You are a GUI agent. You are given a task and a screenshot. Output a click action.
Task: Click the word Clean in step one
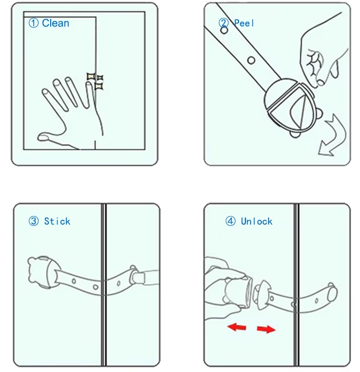pyautogui.click(x=55, y=23)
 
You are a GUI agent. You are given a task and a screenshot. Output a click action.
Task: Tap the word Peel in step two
pyautogui.click(x=244, y=23)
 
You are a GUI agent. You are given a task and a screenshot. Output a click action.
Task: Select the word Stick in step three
pyautogui.click(x=57, y=221)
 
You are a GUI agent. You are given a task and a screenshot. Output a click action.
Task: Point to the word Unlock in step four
pyautogui.click(x=257, y=221)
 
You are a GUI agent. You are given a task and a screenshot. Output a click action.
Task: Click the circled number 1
pyautogui.click(x=33, y=23)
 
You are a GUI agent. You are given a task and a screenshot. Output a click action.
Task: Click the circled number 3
pyautogui.click(x=34, y=221)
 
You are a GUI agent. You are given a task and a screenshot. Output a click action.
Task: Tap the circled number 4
pyautogui.click(x=230, y=221)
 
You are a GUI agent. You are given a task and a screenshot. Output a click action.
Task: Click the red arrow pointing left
pyautogui.click(x=237, y=328)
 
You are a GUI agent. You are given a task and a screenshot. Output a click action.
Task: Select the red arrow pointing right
pyautogui.click(x=266, y=329)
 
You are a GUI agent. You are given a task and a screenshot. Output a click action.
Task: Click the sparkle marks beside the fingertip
pyautogui.click(x=95, y=81)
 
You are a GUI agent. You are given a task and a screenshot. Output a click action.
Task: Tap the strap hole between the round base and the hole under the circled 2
pyautogui.click(x=251, y=60)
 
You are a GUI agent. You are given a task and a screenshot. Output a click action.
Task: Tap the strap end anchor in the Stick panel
pyautogui.click(x=139, y=276)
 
